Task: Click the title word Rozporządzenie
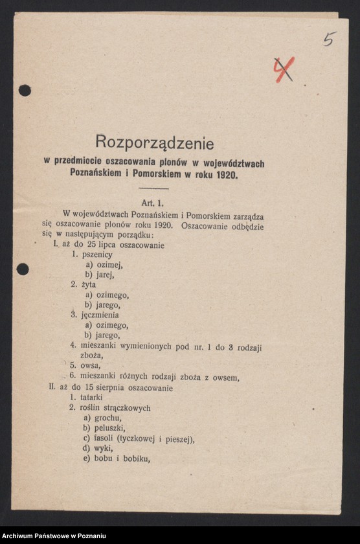(154, 141)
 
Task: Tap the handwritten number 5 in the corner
(330, 39)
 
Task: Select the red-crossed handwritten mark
(283, 69)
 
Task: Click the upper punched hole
(25, 90)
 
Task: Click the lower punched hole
(23, 269)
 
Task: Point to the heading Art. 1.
(153, 203)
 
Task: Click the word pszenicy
(97, 255)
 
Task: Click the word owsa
(91, 366)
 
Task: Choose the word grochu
(107, 418)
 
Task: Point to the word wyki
(103, 448)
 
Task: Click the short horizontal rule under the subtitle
(153, 188)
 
